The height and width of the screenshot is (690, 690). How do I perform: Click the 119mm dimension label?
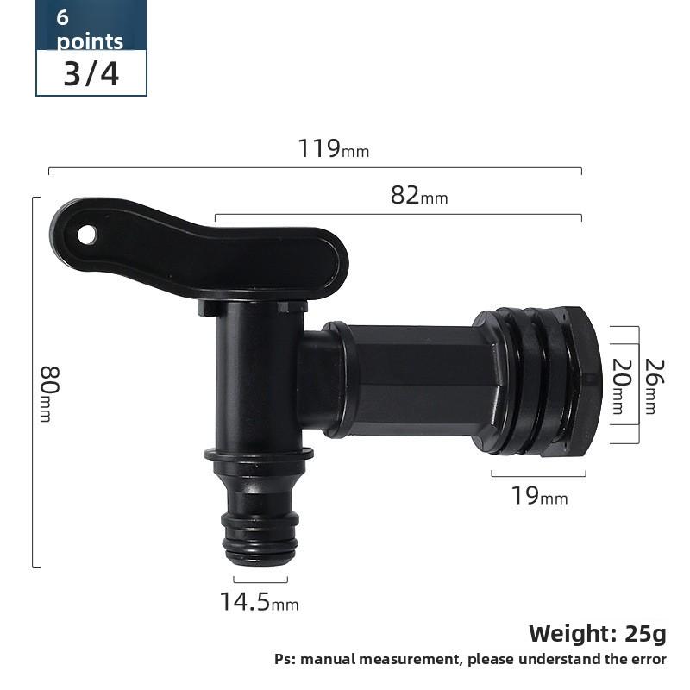333,148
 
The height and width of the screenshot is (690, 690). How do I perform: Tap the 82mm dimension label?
419,196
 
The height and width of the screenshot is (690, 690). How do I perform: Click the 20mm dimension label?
618,386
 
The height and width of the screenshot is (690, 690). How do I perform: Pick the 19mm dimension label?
539,496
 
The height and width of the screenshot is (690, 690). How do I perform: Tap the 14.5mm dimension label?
259,602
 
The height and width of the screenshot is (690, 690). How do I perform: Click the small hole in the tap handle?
87,234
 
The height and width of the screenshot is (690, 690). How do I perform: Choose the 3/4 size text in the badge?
91,74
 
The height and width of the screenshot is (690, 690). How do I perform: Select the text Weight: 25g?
597,634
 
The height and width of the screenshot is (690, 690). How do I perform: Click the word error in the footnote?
644,660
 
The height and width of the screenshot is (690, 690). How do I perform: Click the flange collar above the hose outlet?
259,454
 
